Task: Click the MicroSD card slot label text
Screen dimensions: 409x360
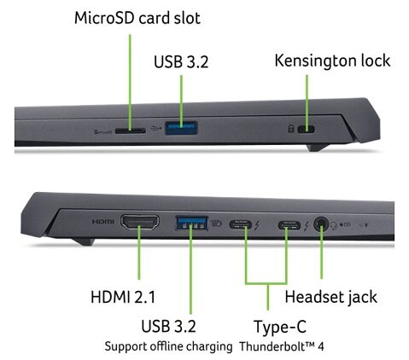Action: tap(137, 18)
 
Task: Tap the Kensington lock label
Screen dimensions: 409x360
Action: tap(332, 61)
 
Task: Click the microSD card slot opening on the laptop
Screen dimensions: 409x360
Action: tap(131, 131)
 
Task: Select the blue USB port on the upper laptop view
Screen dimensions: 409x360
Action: tap(181, 128)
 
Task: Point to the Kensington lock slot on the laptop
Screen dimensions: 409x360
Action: tap(306, 130)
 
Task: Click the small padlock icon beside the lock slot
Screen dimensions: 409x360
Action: tap(291, 129)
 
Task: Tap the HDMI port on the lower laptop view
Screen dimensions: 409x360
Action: tap(140, 222)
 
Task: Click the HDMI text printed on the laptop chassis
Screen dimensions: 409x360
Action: tap(102, 222)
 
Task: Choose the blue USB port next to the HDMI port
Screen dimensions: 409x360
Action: tap(191, 223)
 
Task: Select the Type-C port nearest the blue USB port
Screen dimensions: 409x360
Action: tap(241, 225)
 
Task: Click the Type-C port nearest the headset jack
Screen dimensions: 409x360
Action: tap(289, 226)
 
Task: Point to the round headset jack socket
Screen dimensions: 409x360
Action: tap(321, 224)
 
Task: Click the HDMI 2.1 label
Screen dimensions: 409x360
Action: tap(123, 297)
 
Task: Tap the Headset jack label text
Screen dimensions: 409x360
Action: tap(331, 297)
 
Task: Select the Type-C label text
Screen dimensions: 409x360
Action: tap(280, 327)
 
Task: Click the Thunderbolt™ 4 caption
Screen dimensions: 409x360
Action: tap(282, 346)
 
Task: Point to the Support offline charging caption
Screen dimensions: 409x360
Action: tap(168, 346)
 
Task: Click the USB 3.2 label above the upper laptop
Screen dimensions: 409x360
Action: tap(181, 61)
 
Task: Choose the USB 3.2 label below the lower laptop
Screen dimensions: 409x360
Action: tap(168, 326)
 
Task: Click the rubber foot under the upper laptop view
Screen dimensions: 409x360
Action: tap(318, 148)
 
